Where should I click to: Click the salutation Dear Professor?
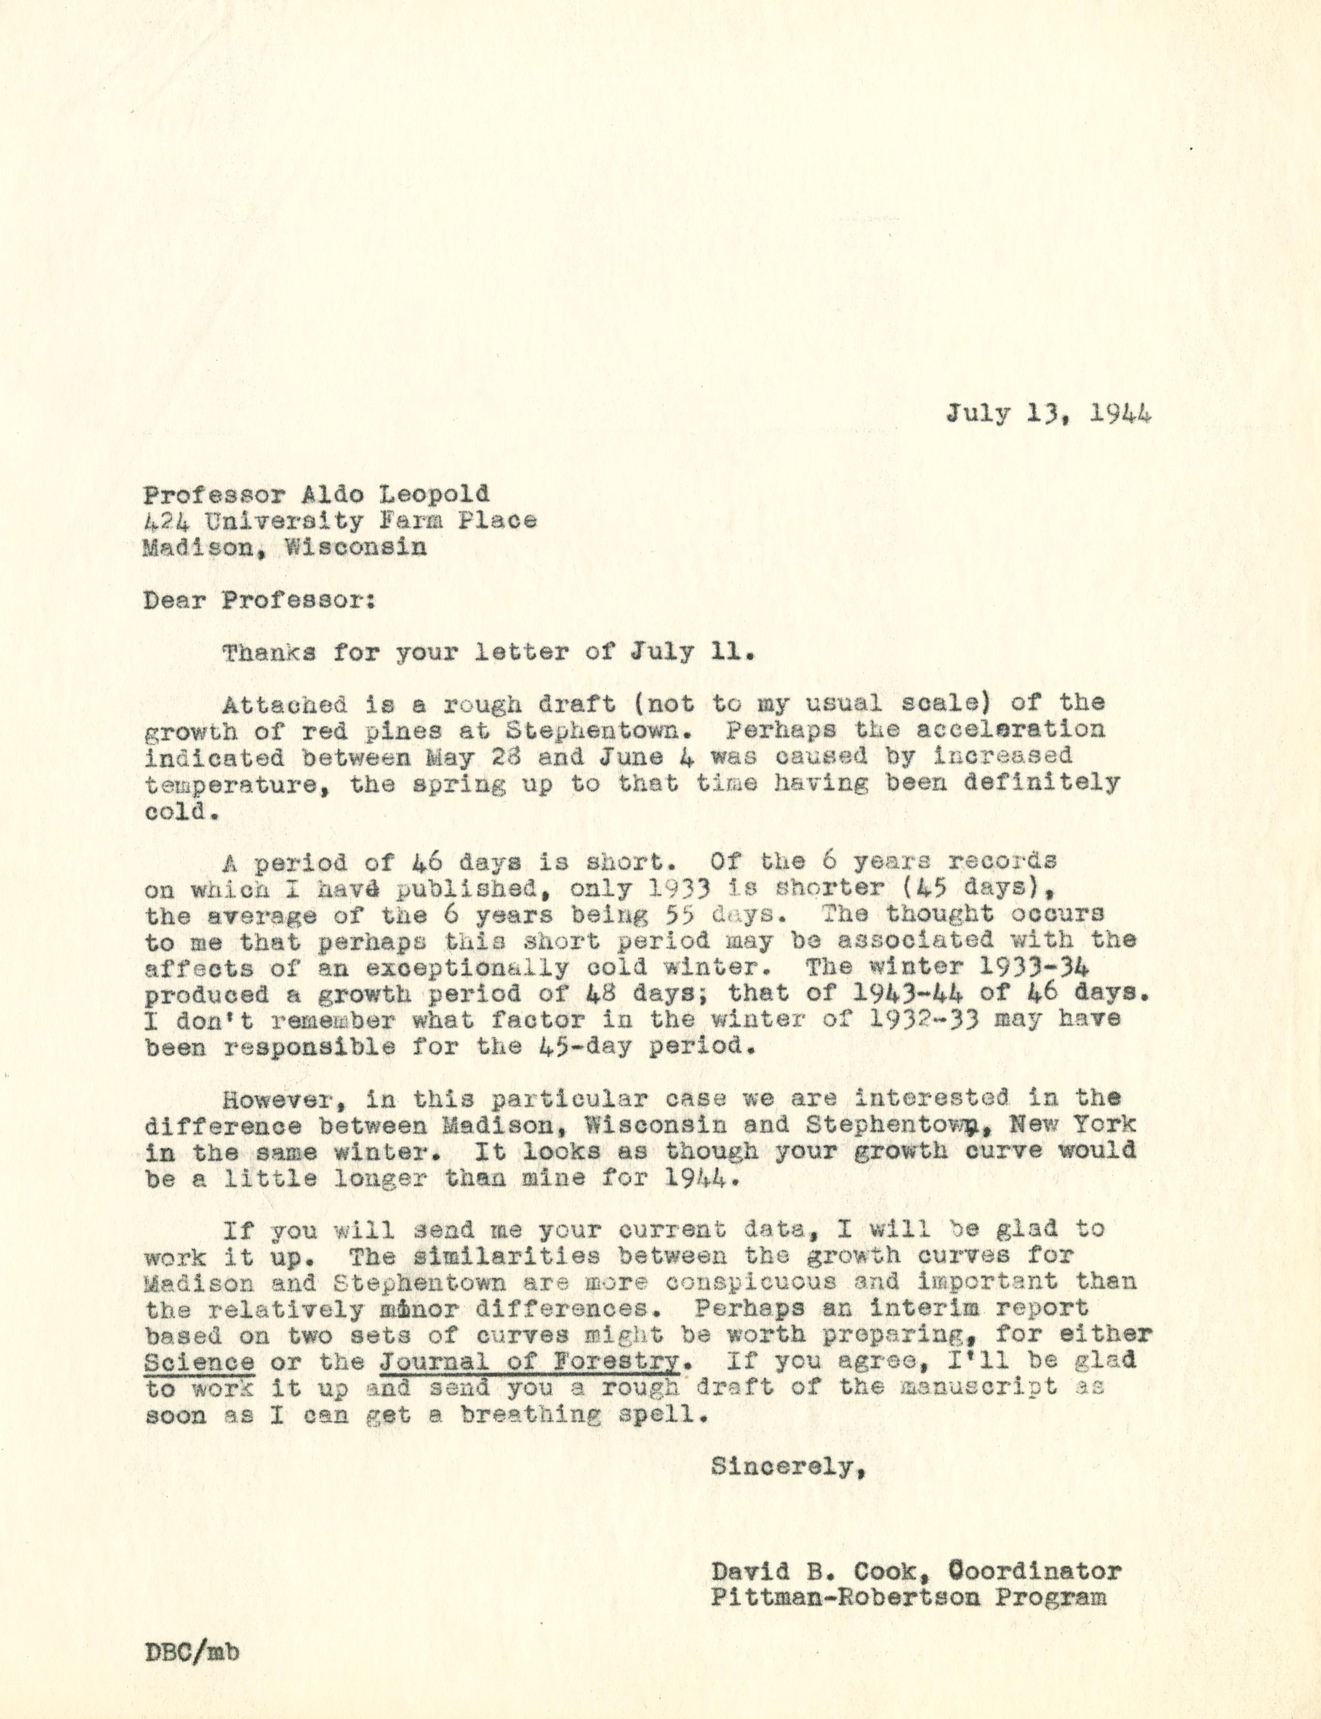tap(259, 601)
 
